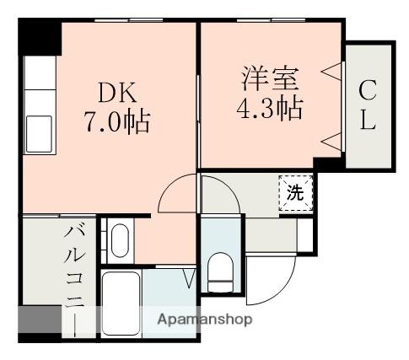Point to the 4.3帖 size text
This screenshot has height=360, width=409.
click(268, 108)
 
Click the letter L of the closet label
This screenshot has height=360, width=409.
click(369, 121)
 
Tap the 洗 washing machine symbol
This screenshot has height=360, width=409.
click(294, 192)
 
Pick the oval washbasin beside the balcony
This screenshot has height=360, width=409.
click(119, 241)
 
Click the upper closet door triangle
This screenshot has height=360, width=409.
click(331, 73)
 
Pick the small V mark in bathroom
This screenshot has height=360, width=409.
click(189, 277)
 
